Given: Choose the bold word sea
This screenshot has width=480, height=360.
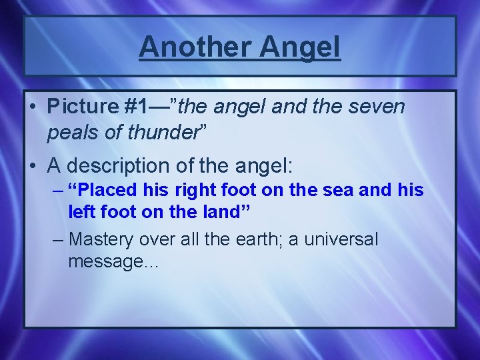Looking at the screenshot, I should [x=329, y=190].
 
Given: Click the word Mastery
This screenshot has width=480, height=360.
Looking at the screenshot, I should [x=106, y=239].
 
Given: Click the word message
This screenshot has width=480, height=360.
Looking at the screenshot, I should [x=110, y=261].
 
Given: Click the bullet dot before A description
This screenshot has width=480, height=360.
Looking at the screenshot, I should [x=32, y=164].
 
